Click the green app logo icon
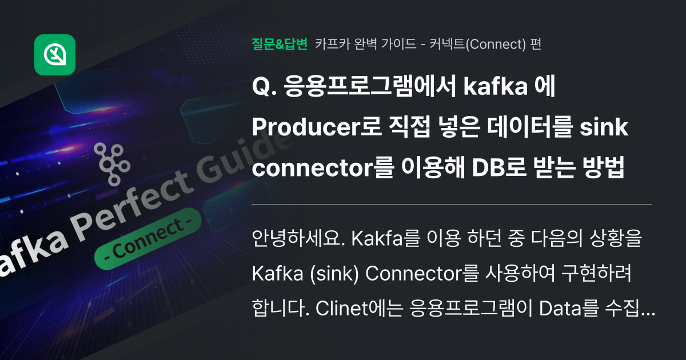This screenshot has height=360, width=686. pos(55,55)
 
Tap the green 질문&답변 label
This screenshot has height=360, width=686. pos(280,44)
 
